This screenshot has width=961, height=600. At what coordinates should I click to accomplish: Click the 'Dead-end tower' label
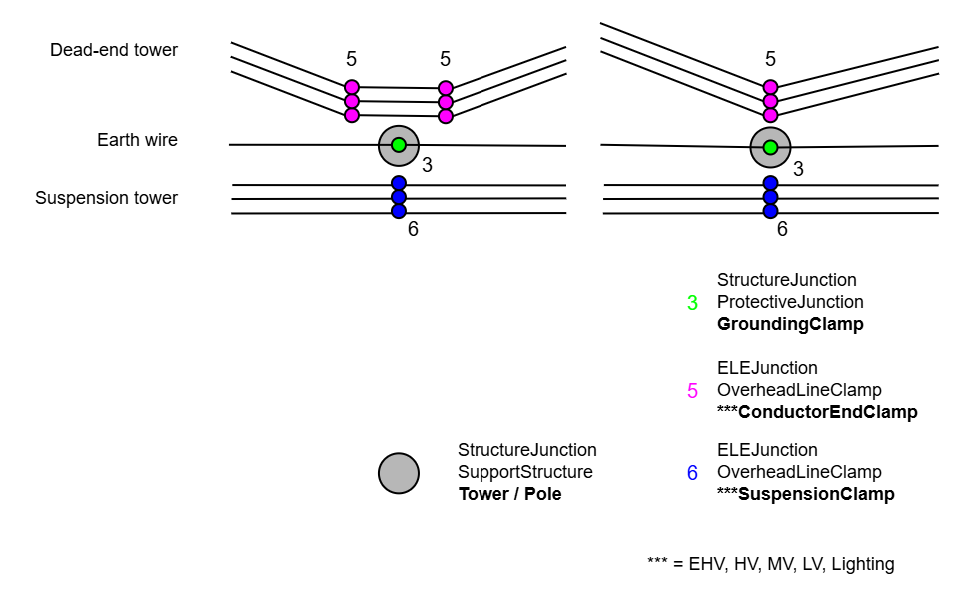pyautogui.click(x=114, y=50)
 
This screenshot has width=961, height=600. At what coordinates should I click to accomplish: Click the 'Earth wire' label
pyautogui.click(x=137, y=140)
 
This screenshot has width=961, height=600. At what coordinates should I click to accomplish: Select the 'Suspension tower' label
pyautogui.click(x=106, y=198)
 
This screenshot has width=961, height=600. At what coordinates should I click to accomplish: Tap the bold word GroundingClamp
pyautogui.click(x=790, y=324)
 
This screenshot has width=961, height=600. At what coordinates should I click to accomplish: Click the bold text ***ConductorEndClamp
pyautogui.click(x=817, y=412)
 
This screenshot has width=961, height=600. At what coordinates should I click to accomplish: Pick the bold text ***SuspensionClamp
pyautogui.click(x=806, y=494)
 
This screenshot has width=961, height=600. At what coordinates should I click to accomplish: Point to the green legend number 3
pyautogui.click(x=692, y=302)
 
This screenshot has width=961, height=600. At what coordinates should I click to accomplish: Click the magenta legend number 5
pyautogui.click(x=692, y=390)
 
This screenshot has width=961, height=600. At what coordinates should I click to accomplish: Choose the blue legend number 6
pyautogui.click(x=692, y=472)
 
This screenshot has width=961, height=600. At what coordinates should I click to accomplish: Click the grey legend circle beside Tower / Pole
pyautogui.click(x=399, y=473)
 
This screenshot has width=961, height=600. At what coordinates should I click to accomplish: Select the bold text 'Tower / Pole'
pyautogui.click(x=509, y=494)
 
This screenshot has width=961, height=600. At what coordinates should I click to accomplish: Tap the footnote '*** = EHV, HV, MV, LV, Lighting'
pyautogui.click(x=770, y=564)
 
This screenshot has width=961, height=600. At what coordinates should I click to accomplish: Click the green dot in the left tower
pyautogui.click(x=399, y=145)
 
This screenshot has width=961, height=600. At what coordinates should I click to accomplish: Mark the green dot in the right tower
pyautogui.click(x=770, y=147)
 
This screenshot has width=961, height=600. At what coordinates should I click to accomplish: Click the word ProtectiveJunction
pyautogui.click(x=790, y=302)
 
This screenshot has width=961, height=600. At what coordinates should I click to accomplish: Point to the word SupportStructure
pyautogui.click(x=524, y=472)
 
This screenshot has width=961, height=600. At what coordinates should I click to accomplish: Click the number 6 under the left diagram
pyautogui.click(x=413, y=229)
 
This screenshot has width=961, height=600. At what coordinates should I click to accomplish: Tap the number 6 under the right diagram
pyautogui.click(x=782, y=229)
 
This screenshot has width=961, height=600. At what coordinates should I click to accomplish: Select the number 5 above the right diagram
pyautogui.click(x=770, y=60)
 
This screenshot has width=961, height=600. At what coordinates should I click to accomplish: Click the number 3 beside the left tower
pyautogui.click(x=427, y=166)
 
